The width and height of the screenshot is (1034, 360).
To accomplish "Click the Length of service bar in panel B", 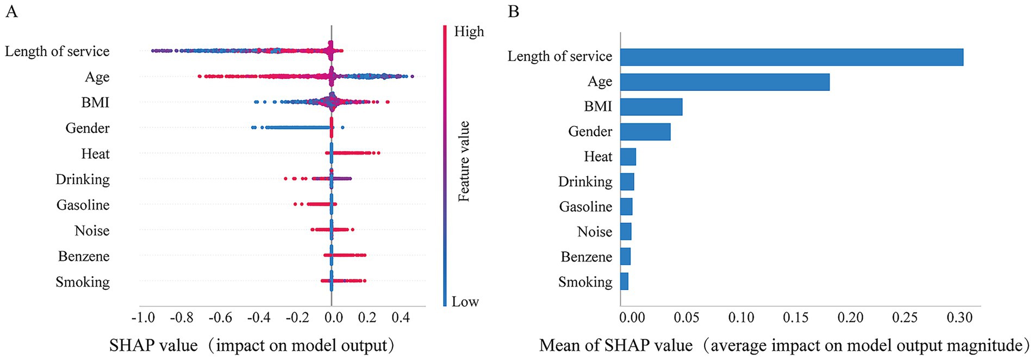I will tap(792, 57).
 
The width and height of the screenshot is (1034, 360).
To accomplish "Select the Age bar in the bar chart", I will tap(725, 82).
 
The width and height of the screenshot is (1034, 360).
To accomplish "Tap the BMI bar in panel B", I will tap(651, 107).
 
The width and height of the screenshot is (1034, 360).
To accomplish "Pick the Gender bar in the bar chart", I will tap(645, 132).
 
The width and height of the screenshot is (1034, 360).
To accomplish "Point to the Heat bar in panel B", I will tap(628, 157).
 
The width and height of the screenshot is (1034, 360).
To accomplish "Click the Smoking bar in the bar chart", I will tap(624, 282).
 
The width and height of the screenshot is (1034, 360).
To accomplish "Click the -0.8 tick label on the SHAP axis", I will tap(181, 318).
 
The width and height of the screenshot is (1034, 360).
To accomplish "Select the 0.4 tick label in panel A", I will tap(401, 318).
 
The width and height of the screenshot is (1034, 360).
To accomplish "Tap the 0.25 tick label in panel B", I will tap(905, 318).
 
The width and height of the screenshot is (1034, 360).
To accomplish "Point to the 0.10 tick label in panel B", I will tap(741, 318).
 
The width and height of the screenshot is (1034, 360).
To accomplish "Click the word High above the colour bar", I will tap(469, 32).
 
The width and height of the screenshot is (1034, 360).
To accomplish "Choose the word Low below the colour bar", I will tap(465, 302).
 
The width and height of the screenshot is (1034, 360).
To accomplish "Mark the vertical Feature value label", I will tap(464, 162).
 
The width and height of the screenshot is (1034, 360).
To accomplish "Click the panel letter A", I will tap(11, 11).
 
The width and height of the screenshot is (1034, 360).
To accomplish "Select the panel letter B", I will tap(513, 11).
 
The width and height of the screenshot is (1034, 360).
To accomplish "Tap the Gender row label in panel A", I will tap(88, 128).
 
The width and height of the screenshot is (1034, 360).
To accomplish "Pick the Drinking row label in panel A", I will tap(83, 179).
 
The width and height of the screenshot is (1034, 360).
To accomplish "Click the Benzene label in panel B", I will tap(587, 257).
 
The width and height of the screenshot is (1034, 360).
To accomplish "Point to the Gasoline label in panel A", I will tap(83, 205).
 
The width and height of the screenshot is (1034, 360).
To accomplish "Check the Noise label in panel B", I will tap(595, 232).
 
